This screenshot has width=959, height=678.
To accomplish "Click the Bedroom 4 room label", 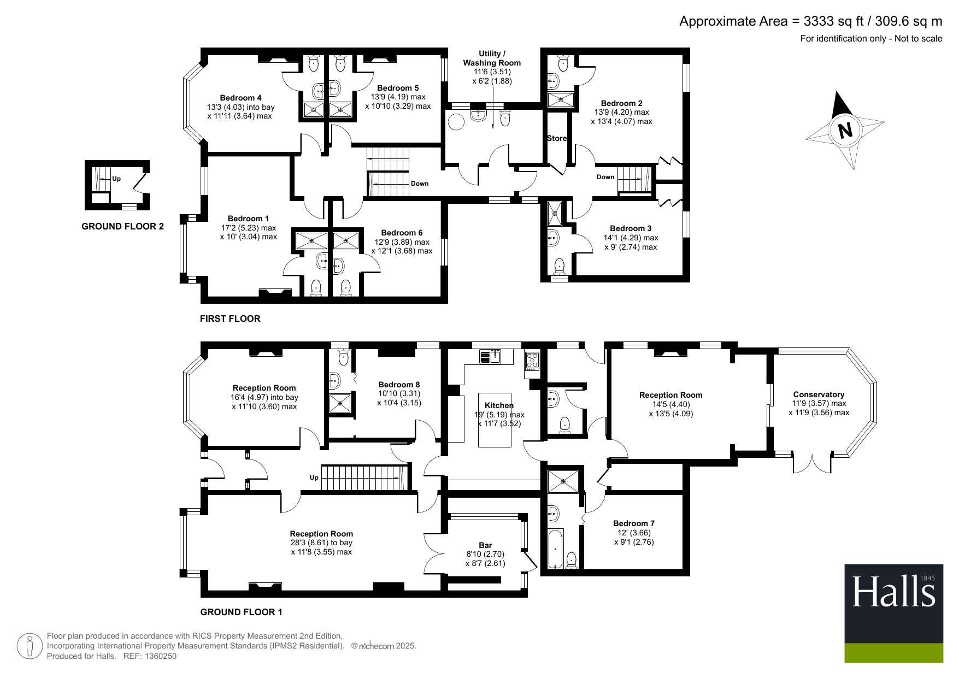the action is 240,98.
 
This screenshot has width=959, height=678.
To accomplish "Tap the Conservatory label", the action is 819,394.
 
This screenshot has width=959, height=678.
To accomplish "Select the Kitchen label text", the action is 499,405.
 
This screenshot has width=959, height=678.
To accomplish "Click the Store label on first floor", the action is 557,138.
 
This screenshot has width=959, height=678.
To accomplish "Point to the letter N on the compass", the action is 845,131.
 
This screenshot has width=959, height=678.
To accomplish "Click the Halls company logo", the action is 894,613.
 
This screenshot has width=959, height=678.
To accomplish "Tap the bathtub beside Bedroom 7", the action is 555,549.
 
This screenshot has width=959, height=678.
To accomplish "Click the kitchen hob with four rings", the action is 532,361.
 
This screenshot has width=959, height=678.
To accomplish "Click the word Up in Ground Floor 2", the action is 116,179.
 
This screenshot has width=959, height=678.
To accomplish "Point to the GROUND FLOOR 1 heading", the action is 242,612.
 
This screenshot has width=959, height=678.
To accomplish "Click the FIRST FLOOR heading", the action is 230,319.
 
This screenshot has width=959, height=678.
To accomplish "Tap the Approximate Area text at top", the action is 811,21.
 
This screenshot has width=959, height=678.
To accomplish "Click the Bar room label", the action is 485,545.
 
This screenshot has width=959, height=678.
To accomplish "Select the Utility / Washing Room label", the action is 492,58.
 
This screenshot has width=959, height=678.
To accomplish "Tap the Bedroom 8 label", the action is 399,385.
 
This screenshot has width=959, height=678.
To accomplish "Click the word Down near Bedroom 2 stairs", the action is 605,177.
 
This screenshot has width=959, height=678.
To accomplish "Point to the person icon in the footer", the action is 30,646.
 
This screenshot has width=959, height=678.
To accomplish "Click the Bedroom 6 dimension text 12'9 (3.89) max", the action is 402,242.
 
